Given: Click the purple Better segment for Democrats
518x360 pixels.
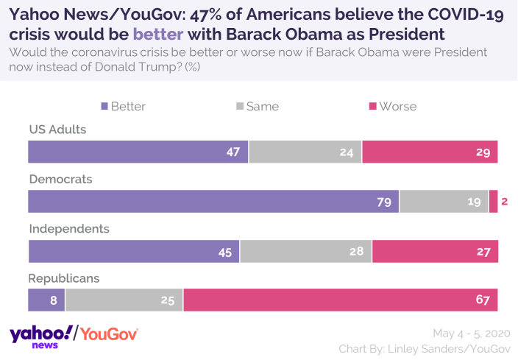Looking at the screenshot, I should point(213,202).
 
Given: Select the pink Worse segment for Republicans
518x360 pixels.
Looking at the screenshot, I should point(341,300).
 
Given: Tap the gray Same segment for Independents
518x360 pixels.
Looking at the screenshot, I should point(305,251).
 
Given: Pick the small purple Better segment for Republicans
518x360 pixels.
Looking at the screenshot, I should point(46,300).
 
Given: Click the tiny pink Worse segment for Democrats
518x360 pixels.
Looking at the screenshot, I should point(493,202).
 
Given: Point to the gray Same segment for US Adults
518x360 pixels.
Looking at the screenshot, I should point(305,152).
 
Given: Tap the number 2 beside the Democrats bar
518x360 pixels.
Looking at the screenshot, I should point(505,202).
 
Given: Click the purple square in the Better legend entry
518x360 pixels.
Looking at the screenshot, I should point(104,107).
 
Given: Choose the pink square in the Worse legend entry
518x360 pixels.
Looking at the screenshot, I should point(373,107).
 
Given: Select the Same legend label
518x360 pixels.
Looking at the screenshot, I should point(263,107).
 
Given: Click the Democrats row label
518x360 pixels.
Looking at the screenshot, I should point(60,179).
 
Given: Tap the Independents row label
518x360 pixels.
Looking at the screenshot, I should point(69,228).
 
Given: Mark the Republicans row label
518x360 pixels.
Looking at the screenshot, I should point(64,278).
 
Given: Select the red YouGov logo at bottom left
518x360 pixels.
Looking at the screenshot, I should point(109,334).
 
